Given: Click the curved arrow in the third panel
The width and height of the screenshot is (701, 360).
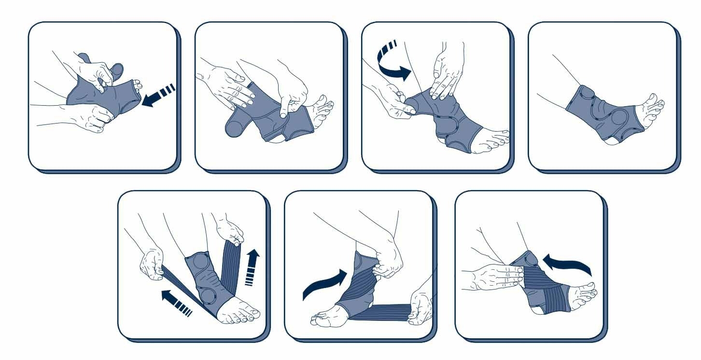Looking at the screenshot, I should pyautogui.click(x=393, y=63).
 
